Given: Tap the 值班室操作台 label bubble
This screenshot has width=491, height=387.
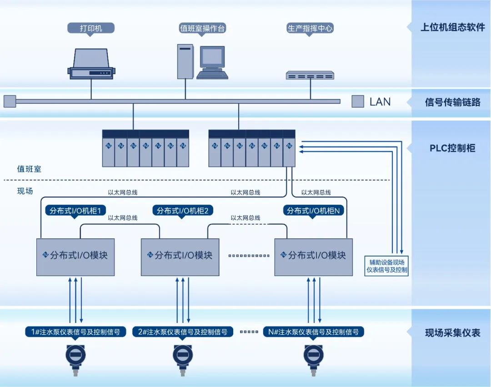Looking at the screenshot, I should [x=202, y=28].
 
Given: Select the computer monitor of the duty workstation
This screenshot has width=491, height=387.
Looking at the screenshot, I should [x=212, y=57].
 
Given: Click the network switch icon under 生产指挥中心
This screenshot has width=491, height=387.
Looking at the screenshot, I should [x=310, y=75].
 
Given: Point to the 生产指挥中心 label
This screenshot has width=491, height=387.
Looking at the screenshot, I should [x=310, y=28].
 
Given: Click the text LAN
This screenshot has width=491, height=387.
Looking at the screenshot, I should [x=380, y=101].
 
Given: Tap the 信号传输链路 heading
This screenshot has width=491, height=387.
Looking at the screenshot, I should [x=452, y=102].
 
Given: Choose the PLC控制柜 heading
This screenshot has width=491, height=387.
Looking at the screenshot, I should [x=452, y=148].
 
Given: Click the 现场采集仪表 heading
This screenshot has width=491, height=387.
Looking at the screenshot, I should [x=452, y=333].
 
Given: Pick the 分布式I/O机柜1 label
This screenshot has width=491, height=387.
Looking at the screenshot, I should [x=76, y=211].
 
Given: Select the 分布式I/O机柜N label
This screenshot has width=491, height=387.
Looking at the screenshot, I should [x=314, y=211].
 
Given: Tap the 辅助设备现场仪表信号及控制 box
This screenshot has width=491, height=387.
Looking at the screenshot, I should [x=387, y=266].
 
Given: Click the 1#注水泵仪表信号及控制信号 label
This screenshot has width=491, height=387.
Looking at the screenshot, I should [x=75, y=332].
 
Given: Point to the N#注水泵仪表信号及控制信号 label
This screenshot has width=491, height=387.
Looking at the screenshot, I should [x=314, y=332].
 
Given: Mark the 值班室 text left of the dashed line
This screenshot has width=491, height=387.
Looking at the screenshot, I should [x=29, y=169].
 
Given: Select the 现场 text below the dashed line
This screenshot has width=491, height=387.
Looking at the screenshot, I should [x=25, y=191].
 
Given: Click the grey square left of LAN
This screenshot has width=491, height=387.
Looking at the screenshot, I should [x=358, y=101].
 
